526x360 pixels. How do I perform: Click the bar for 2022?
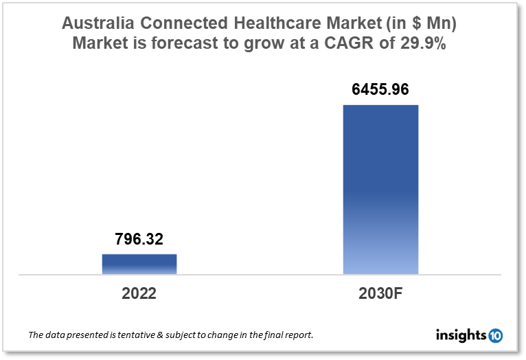point(139,265)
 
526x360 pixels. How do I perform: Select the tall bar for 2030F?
point(380,190)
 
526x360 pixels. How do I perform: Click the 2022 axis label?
point(139,294)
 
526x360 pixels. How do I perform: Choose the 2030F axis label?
point(380,294)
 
